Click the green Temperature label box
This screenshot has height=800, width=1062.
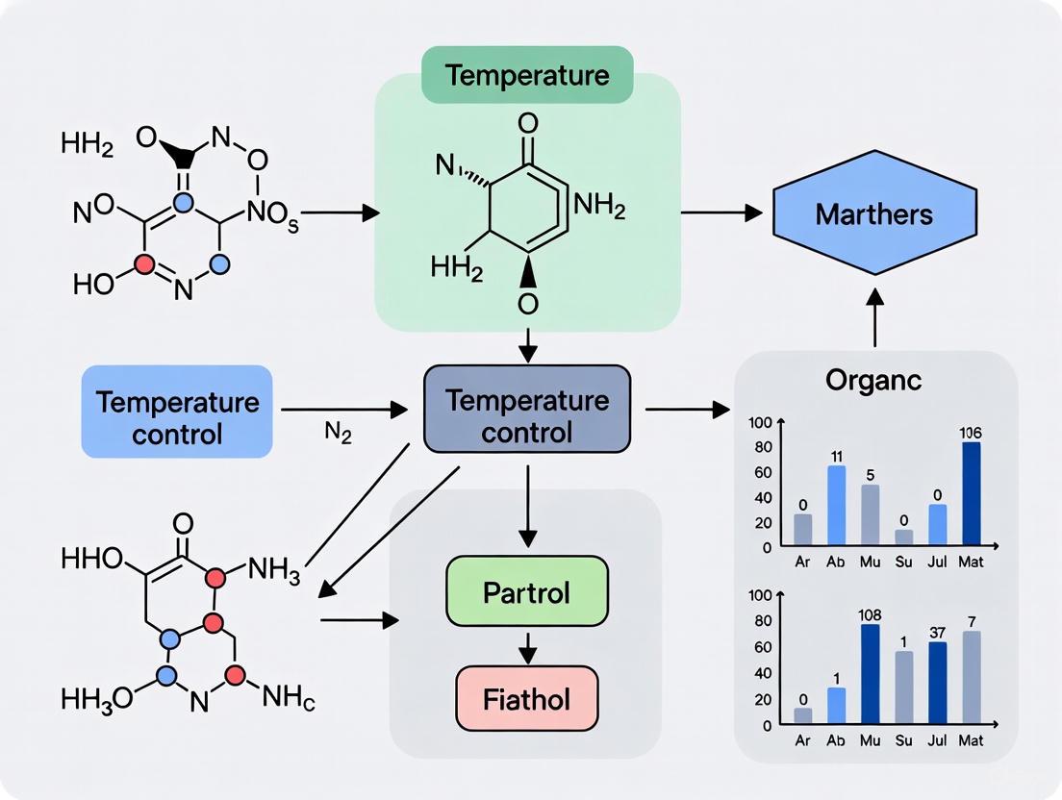point(527,76)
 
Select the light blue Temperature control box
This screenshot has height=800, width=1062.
point(178,416)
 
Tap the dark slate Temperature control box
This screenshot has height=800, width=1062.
point(527,415)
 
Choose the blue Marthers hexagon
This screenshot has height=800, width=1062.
point(874,212)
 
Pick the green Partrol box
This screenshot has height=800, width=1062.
point(527,590)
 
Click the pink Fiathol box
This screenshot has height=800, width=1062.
point(527,699)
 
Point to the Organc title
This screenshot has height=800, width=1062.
point(873,380)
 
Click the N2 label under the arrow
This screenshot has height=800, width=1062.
point(339,434)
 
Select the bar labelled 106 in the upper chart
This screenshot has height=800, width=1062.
point(971,494)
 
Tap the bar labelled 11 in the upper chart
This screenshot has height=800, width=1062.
point(836,506)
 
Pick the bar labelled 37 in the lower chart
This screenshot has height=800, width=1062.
point(937,682)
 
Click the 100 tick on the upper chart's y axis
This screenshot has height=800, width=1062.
point(760,422)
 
